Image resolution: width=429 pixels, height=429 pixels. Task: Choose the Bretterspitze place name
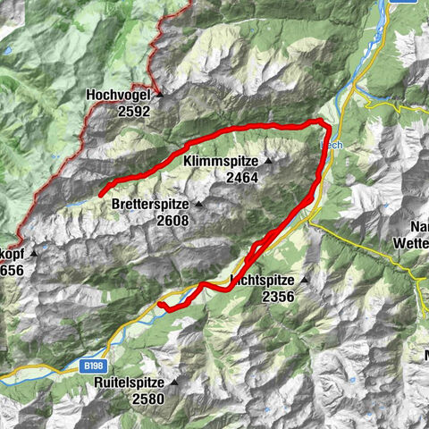tap(151, 205)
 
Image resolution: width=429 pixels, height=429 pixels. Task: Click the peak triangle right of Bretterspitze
tap(198, 205)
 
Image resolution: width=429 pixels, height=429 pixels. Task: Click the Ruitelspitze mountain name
tap(130, 382)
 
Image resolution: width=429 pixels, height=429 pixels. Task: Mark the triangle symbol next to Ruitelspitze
tap(175, 382)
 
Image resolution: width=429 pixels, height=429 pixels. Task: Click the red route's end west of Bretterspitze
tap(100, 193)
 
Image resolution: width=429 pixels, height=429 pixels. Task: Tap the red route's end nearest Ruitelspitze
tap(160, 305)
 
